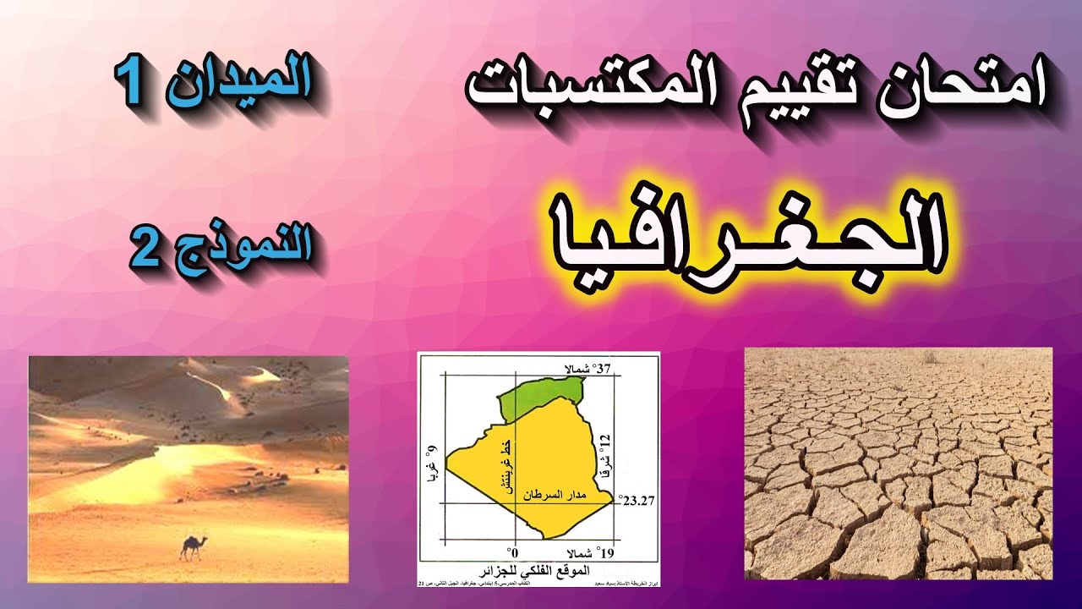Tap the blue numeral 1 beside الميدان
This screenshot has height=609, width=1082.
point(134,85)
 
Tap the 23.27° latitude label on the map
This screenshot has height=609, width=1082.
point(637,500)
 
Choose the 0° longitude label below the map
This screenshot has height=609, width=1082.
point(511,550)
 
